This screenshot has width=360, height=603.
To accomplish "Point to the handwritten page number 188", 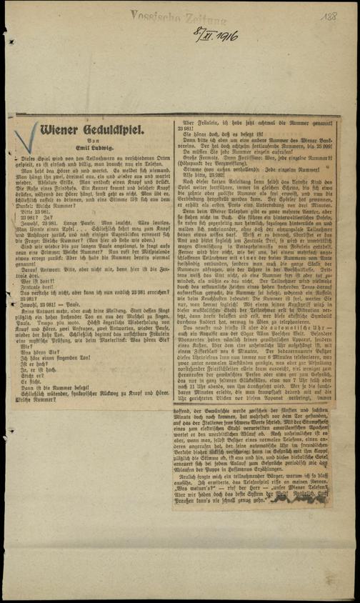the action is (330, 18).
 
